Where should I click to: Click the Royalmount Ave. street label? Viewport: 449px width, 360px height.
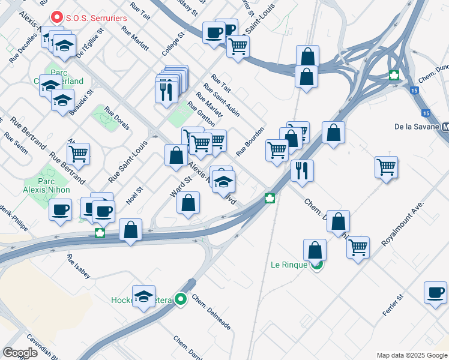pyautogui.click(x=403, y=224)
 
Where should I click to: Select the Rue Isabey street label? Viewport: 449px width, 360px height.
pyautogui.click(x=79, y=268)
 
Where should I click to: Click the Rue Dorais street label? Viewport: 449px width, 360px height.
pyautogui.click(x=117, y=119)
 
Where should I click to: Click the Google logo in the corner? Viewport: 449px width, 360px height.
pyautogui.click(x=20, y=353)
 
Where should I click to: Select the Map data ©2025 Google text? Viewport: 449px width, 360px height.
pyautogui.click(x=411, y=355)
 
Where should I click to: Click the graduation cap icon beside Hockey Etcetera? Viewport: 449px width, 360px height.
pyautogui.click(x=144, y=296)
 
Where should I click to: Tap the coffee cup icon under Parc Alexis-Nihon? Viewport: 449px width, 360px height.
pyautogui.click(x=60, y=210)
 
